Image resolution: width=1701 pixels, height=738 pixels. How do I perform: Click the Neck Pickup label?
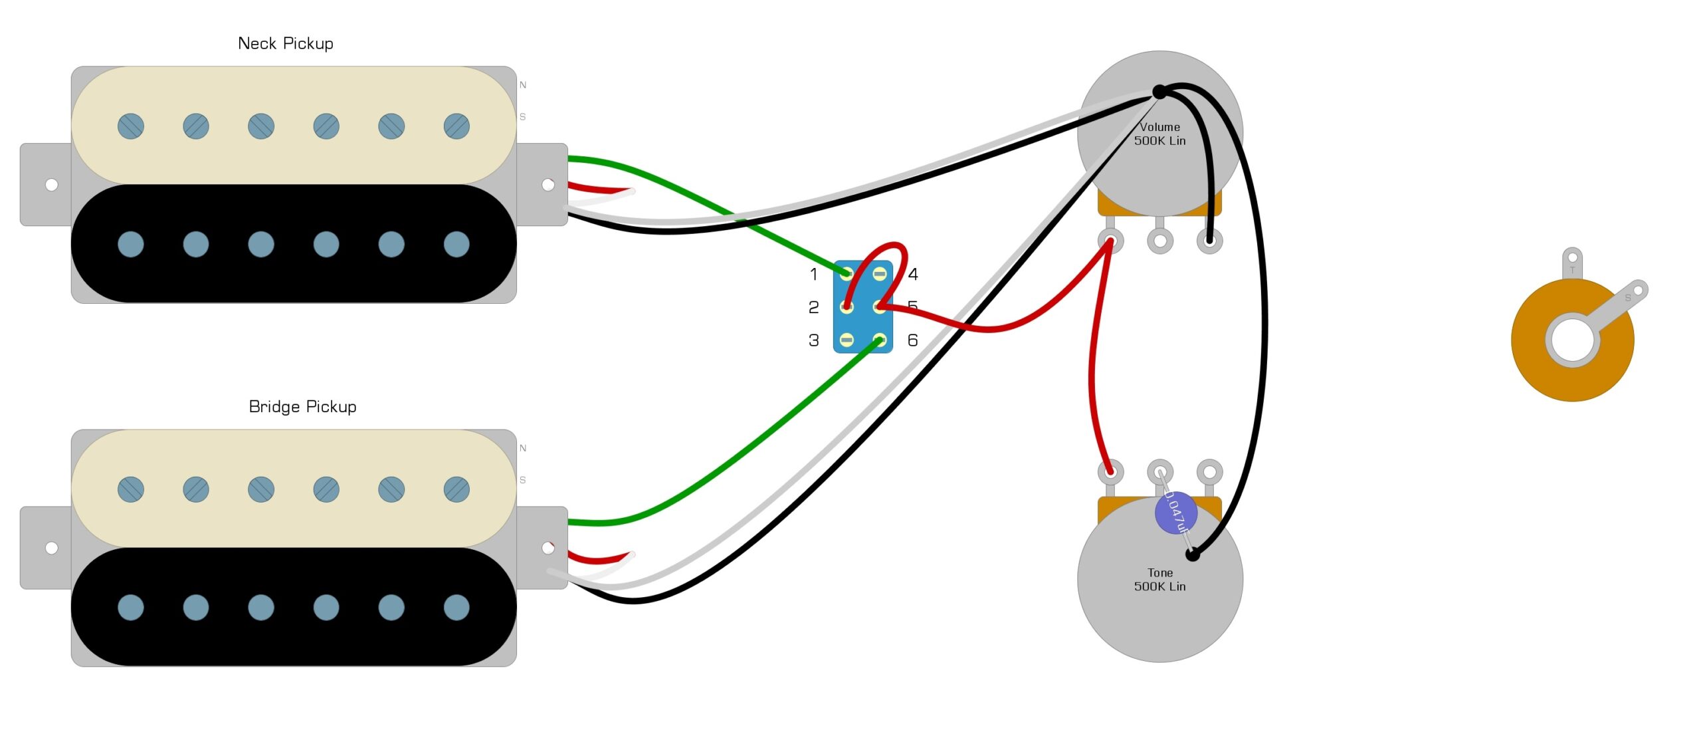[286, 44]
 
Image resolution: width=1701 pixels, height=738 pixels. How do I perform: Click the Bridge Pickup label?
[302, 407]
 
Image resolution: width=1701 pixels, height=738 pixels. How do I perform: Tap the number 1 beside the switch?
[814, 274]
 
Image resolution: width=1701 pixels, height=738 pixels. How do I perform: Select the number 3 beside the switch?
[814, 340]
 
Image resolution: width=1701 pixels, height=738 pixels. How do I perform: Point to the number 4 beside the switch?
[913, 274]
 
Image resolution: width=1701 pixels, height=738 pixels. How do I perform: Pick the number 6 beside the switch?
[913, 340]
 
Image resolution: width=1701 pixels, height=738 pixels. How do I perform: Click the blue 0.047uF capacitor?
[1175, 513]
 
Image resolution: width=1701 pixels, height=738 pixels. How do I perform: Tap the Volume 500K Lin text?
[1159, 134]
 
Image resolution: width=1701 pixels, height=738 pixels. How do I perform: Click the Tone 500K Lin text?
[1159, 580]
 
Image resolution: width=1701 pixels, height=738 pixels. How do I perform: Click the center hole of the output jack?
[1572, 340]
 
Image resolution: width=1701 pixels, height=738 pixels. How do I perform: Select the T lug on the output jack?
[1572, 259]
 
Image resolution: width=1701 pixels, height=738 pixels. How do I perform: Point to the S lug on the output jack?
[1638, 291]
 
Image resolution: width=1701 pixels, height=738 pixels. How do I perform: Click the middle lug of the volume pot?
[1160, 241]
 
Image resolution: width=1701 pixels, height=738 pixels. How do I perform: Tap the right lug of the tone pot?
[1209, 472]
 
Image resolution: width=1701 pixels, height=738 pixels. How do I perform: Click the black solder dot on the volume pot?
[1159, 91]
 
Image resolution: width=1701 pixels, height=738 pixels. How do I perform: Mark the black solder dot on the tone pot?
[1193, 554]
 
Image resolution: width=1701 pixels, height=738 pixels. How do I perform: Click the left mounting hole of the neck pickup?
[51, 185]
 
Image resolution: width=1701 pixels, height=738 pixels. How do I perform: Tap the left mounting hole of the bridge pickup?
[51, 548]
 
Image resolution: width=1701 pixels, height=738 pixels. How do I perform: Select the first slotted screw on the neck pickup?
[131, 126]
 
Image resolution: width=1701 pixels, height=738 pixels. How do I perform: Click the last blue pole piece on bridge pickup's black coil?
[456, 608]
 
